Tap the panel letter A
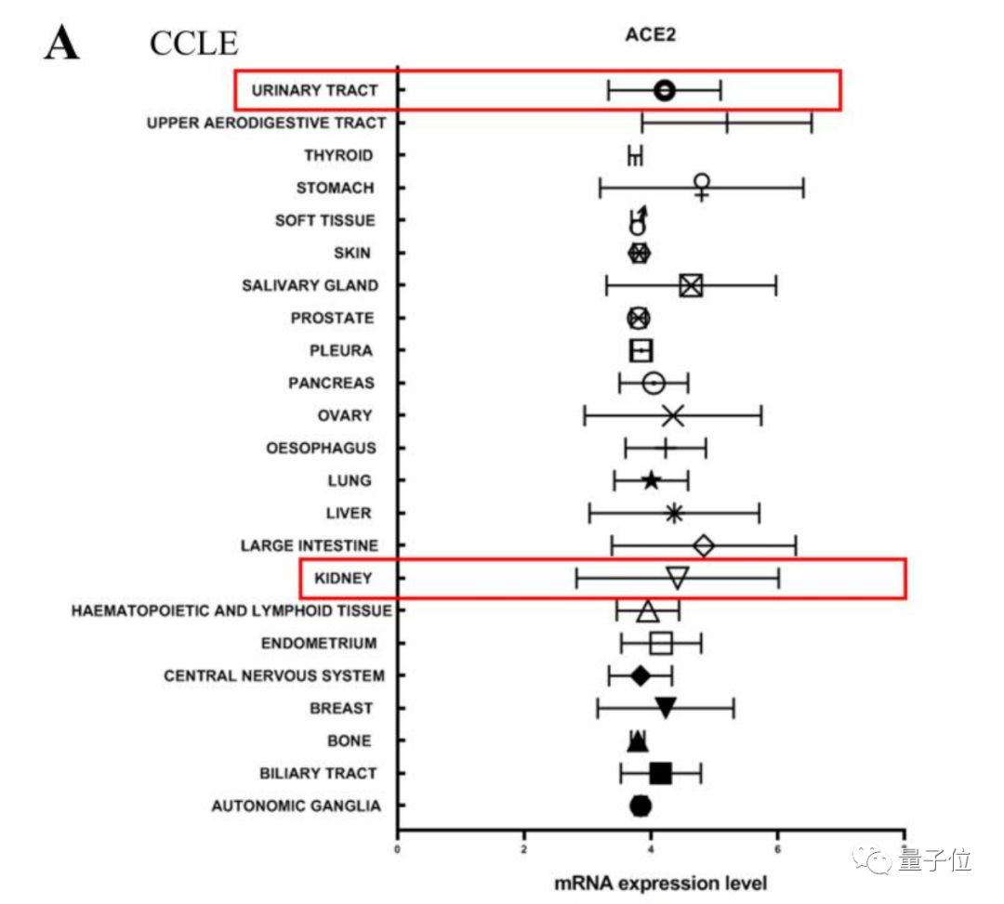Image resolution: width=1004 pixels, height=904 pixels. point(61,44)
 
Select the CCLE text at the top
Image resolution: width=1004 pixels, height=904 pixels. point(194,43)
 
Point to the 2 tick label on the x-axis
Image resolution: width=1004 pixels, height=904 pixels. point(524,847)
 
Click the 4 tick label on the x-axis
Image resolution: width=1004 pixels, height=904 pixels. point(651,847)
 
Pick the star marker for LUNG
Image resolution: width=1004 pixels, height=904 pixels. point(652,480)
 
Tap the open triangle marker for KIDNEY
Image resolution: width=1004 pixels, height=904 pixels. point(678,578)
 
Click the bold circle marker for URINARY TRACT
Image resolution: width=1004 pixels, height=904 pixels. point(664,90)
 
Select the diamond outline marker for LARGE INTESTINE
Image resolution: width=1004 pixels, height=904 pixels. point(704,545)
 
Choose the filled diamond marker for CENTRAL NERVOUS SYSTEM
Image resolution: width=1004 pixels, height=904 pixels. point(640,675)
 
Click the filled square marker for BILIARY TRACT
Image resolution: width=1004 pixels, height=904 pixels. point(661,773)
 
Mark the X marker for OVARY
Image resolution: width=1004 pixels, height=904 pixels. point(673,415)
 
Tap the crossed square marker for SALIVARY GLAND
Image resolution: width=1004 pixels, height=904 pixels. point(690,285)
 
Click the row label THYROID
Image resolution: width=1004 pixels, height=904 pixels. point(338,155)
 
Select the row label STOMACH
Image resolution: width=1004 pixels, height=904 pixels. point(335,188)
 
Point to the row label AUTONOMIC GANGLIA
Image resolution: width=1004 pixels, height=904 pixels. point(296,806)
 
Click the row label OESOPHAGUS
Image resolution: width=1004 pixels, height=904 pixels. point(321,448)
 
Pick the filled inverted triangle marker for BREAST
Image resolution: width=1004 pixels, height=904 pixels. point(666,708)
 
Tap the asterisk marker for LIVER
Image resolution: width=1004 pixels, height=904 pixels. point(674,513)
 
